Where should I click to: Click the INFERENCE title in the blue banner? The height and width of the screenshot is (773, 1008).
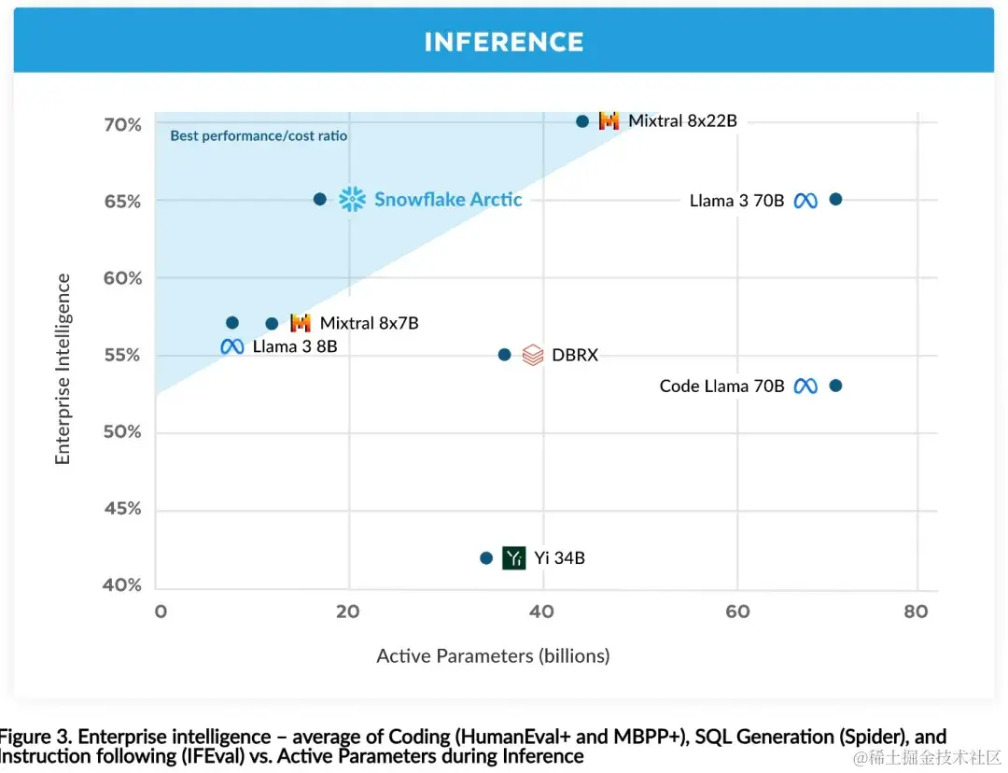pyautogui.click(x=504, y=42)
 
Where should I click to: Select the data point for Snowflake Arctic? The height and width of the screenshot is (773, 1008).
pyautogui.click(x=320, y=199)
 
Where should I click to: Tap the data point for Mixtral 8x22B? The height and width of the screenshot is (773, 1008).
pyautogui.click(x=582, y=121)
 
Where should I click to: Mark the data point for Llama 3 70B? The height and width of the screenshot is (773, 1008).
pyautogui.click(x=835, y=199)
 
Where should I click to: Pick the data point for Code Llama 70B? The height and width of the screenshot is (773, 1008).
pyautogui.click(x=835, y=386)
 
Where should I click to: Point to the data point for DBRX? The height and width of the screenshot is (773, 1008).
pyautogui.click(x=504, y=355)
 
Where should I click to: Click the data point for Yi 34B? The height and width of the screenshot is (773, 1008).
pyautogui.click(x=486, y=558)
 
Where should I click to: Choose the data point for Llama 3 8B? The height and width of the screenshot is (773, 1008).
pyautogui.click(x=232, y=323)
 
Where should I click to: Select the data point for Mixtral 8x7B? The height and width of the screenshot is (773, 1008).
pyautogui.click(x=272, y=324)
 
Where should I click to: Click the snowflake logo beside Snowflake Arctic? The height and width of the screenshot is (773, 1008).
pyautogui.click(x=352, y=199)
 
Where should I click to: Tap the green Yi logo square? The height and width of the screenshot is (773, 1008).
pyautogui.click(x=513, y=558)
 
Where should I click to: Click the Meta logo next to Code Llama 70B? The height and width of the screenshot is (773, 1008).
pyautogui.click(x=805, y=386)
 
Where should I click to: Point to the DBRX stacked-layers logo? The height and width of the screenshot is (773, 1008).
pyautogui.click(x=533, y=355)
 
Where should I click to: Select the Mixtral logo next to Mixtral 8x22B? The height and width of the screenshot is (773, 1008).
pyautogui.click(x=609, y=121)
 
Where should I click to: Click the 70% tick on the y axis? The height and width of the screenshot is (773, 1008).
pyautogui.click(x=122, y=125)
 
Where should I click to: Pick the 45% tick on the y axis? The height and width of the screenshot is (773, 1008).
pyautogui.click(x=122, y=509)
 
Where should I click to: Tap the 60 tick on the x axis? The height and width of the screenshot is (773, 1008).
pyautogui.click(x=737, y=611)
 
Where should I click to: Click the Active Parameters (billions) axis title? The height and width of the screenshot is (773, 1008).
pyautogui.click(x=493, y=656)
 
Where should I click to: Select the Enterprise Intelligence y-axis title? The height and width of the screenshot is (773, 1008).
pyautogui.click(x=63, y=369)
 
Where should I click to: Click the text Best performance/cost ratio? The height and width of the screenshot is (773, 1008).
pyautogui.click(x=259, y=136)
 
